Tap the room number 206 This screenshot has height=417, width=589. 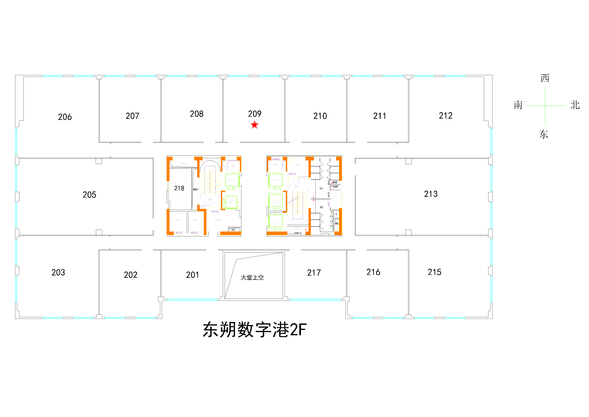(65, 117)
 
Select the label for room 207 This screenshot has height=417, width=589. (132, 116)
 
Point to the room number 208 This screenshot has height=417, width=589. (197, 114)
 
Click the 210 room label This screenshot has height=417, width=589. (320, 116)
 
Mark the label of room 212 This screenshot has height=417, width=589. (446, 116)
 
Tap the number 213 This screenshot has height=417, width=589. (431, 194)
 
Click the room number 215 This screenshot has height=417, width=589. (434, 272)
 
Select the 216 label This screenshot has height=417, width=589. (373, 272)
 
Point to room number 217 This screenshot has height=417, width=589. (314, 273)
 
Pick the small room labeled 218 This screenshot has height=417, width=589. (179, 188)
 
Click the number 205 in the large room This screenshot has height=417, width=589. (89, 195)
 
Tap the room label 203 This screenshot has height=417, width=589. (58, 272)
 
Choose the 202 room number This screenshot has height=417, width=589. (130, 275)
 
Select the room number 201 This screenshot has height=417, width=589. (192, 275)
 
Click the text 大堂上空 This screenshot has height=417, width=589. (252, 278)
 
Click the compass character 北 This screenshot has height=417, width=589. (575, 105)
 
